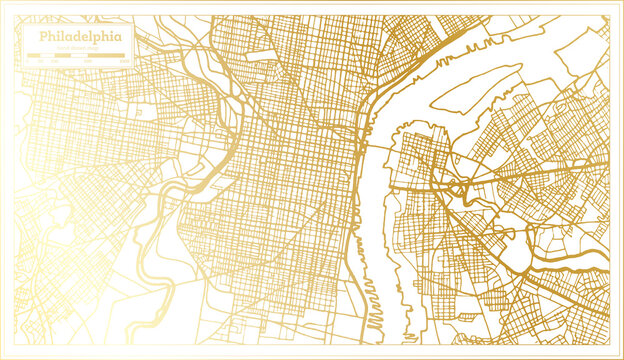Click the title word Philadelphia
click(83, 36)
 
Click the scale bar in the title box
click(82, 58)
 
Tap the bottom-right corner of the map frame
click(619, 355)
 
